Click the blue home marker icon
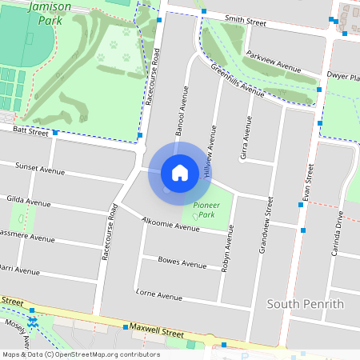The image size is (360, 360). pyautogui.click(x=180, y=173)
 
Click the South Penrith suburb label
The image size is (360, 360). pyautogui.click(x=305, y=304)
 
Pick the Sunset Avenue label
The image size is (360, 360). pyautogui.click(x=39, y=169)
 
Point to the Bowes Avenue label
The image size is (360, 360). pyautogui.click(x=182, y=262)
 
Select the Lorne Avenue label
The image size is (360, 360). pyautogui.click(x=160, y=295)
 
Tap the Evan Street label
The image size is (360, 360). pyautogui.click(x=307, y=184)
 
